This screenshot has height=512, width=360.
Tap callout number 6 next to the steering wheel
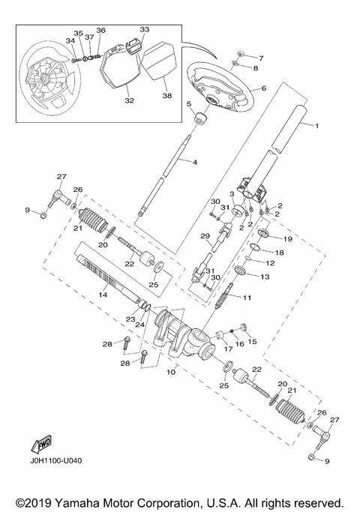pos(263,88)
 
